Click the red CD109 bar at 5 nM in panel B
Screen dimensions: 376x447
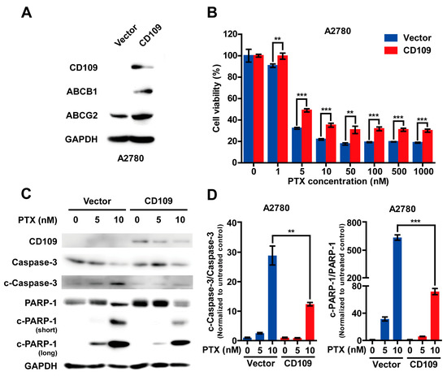tap(284, 133)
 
